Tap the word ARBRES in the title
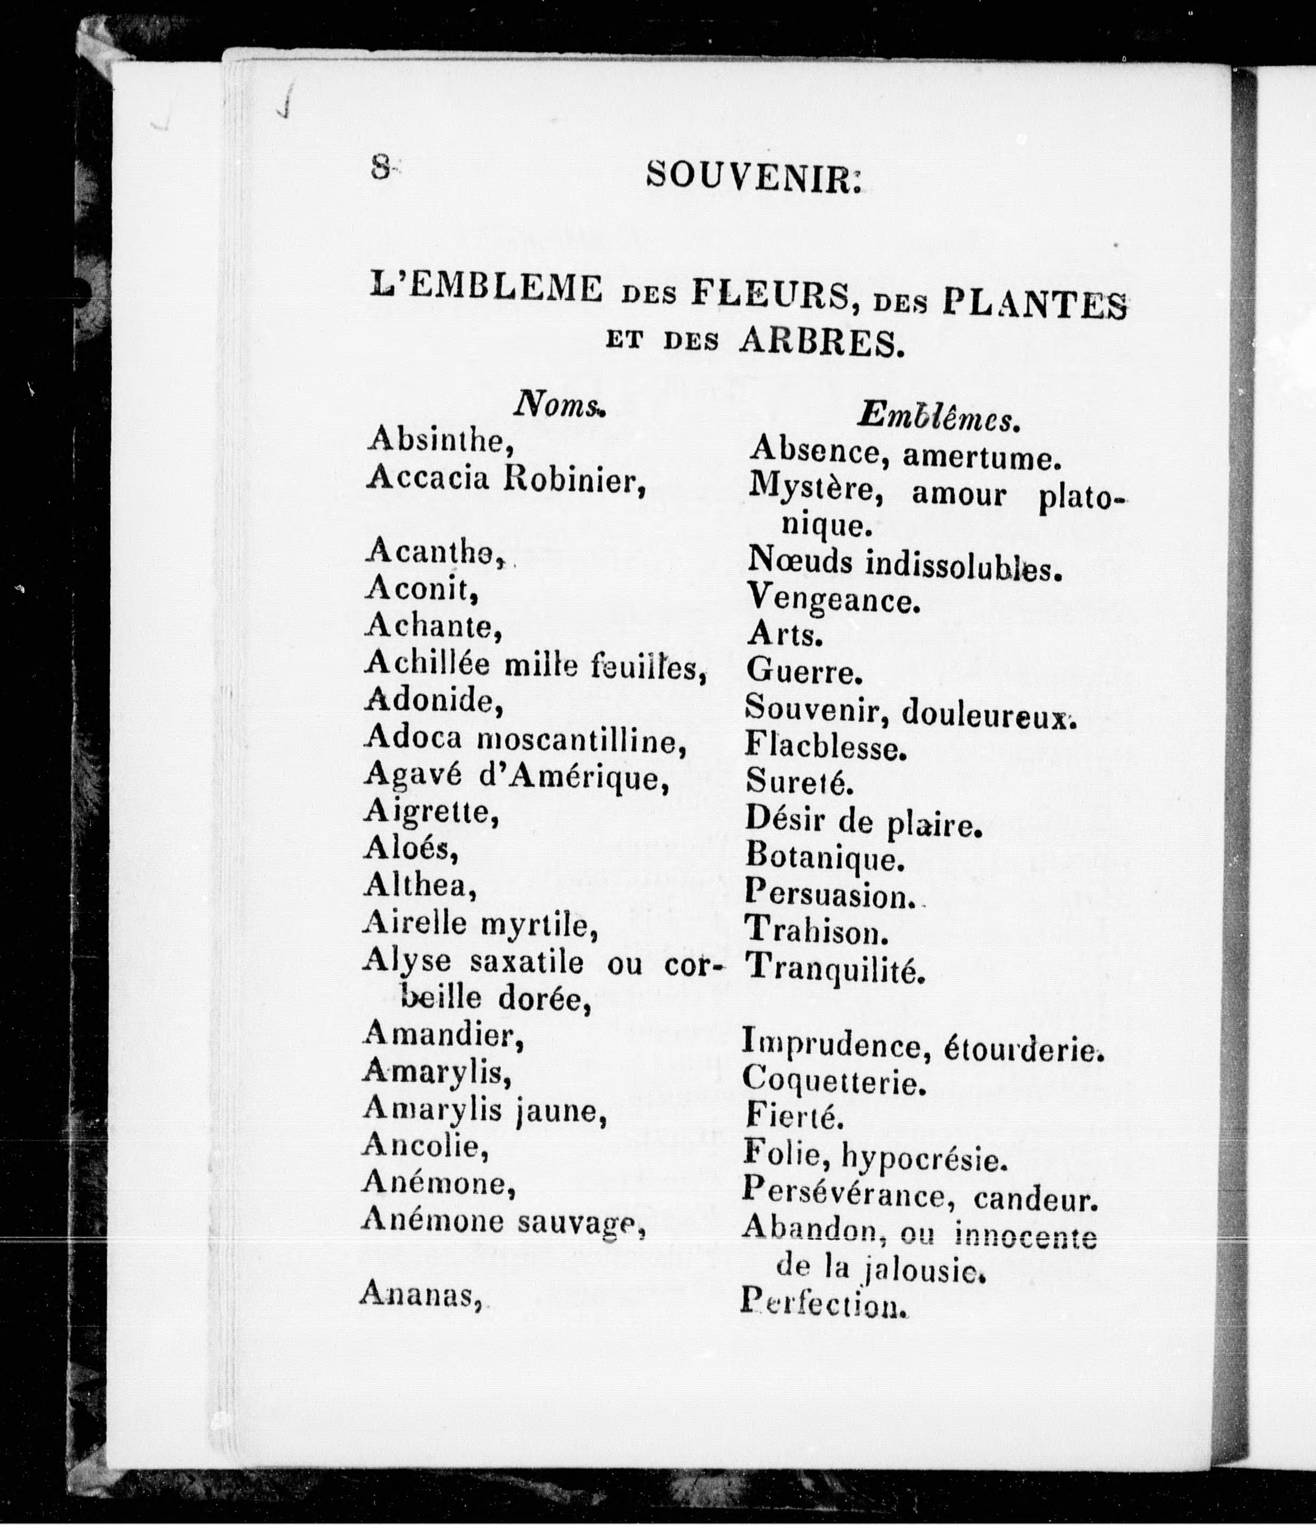tap(820, 342)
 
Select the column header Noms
tap(558, 405)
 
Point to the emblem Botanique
tap(824, 856)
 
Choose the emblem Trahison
tap(816, 931)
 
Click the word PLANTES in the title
tap(1034, 303)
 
